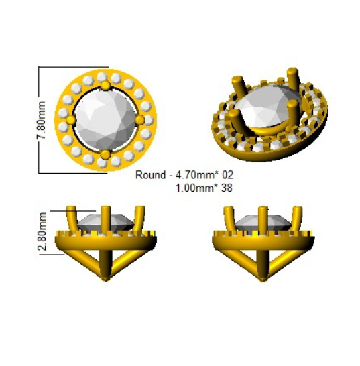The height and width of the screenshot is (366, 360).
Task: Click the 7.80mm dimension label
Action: tap(41, 120)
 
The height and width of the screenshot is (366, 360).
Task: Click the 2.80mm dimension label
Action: tap(42, 231)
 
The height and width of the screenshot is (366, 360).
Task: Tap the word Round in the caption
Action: tap(150, 174)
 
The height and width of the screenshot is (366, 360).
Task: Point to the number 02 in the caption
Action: tap(227, 174)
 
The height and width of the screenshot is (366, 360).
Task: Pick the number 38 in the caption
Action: tap(227, 188)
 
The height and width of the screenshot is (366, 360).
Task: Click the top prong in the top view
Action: tap(105, 86)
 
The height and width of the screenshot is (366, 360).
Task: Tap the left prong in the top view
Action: tap(71, 120)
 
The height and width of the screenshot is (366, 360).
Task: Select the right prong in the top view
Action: tap(140, 120)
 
